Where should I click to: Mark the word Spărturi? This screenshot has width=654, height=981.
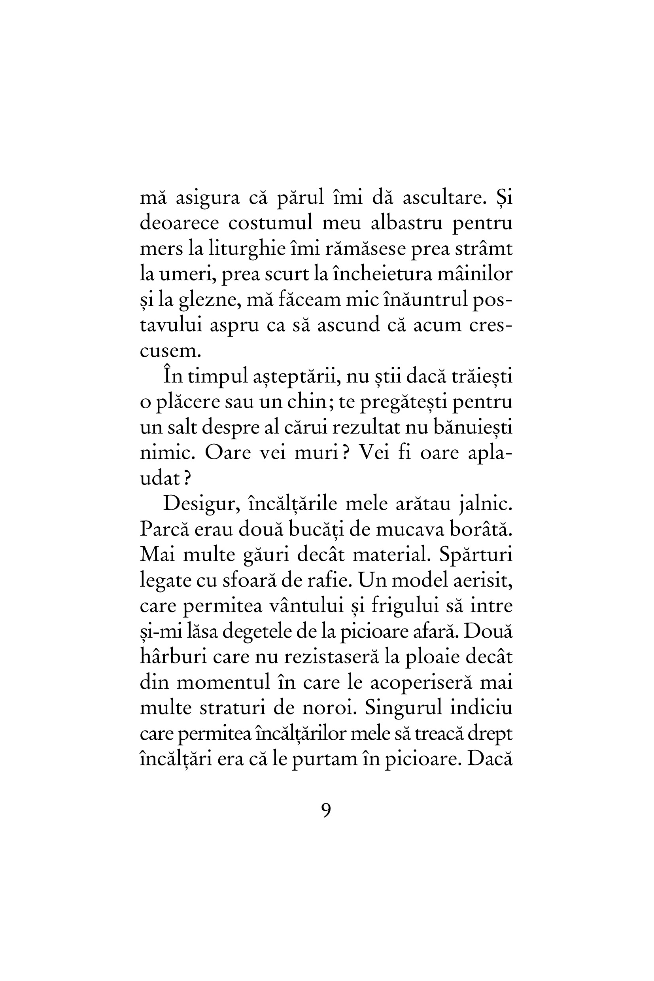tap(476, 555)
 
